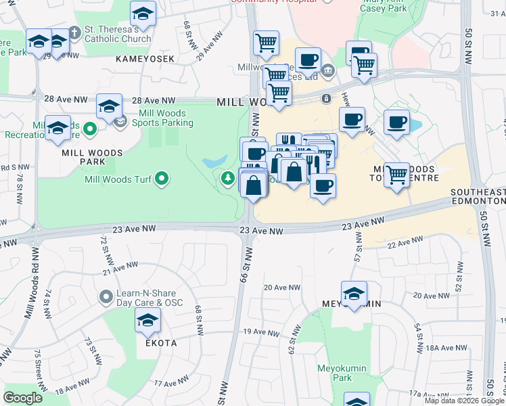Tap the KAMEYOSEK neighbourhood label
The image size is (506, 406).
pos(145,59)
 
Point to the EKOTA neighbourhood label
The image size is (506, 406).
pos(161,343)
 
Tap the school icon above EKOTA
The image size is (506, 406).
pos(147,321)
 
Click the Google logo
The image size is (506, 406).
pos(23,398)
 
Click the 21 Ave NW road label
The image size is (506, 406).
pos(120,271)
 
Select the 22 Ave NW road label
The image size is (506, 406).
pos(405,242)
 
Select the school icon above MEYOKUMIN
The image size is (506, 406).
pos(354,292)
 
